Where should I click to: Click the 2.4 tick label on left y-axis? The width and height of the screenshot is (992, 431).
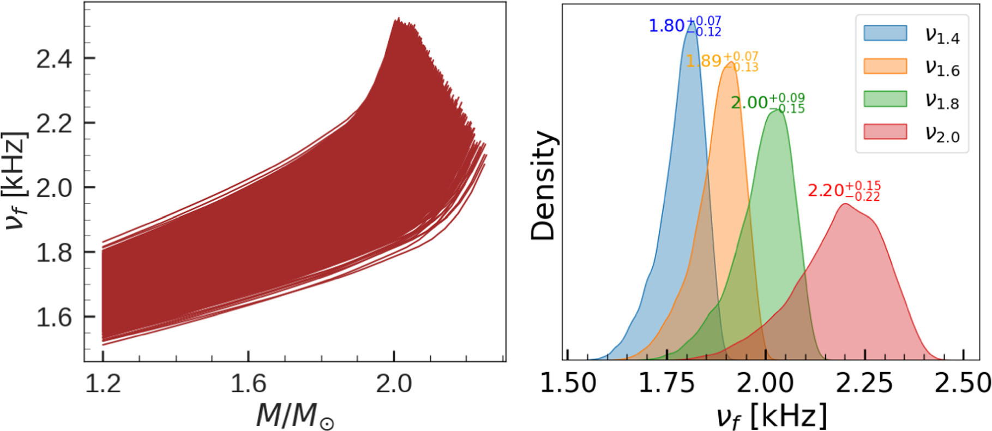(54, 58)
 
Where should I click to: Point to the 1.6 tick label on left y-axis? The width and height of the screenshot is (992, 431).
(54, 317)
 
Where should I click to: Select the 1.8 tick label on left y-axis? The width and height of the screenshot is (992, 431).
(54, 253)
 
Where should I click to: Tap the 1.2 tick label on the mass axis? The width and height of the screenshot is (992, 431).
(103, 384)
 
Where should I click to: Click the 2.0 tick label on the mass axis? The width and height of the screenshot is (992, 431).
(394, 384)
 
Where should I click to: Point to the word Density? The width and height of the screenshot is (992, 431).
(543, 185)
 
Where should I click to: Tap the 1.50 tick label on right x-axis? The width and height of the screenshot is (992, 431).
(568, 383)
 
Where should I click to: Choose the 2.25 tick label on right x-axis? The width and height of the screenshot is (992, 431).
(864, 383)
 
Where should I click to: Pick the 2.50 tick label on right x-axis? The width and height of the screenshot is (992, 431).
(963, 383)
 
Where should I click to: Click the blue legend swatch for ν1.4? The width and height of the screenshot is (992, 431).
(885, 33)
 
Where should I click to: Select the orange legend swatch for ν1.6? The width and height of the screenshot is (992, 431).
(885, 66)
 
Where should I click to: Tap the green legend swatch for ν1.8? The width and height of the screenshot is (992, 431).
(885, 99)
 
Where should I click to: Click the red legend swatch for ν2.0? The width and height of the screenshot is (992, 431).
(885, 131)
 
